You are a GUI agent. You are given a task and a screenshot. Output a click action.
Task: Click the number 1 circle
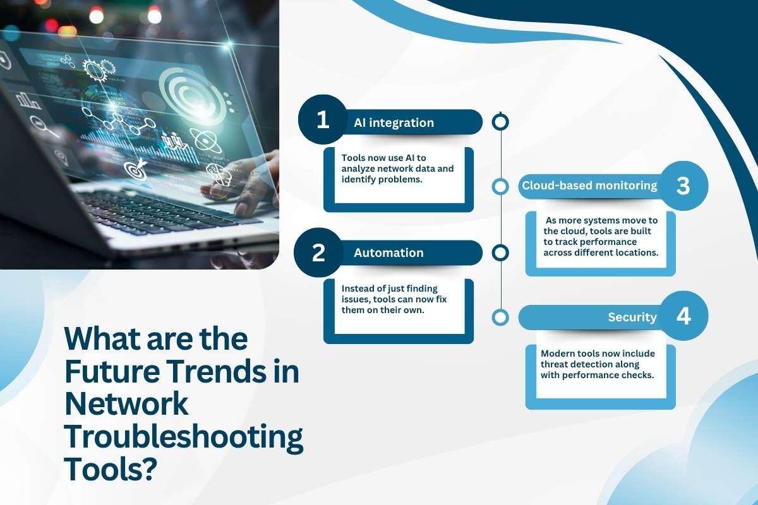tap(323, 120)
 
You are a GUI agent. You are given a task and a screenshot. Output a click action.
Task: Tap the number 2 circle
tap(319, 252)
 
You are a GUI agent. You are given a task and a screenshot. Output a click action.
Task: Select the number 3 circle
tap(683, 186)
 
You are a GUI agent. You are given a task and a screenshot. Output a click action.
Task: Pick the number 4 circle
tap(683, 317)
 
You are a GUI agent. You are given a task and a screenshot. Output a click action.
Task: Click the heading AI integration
tap(394, 122)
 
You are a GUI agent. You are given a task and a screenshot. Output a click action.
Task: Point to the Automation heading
tap(388, 252)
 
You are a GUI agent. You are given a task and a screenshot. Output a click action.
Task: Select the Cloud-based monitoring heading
tap(589, 186)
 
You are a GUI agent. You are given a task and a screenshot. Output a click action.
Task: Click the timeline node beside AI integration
tap(500, 122)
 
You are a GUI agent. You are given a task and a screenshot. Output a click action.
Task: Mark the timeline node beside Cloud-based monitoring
tap(500, 187)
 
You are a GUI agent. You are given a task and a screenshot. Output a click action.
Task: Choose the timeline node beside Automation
tap(500, 253)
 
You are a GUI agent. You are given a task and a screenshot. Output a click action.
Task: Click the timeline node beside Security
tap(500, 318)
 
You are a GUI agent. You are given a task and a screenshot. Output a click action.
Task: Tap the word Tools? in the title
tap(110, 470)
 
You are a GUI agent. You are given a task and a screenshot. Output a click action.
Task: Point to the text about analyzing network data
tap(397, 169)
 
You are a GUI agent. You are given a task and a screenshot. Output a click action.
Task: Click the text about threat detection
tap(597, 364)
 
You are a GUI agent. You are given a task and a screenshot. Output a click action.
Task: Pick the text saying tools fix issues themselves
tap(394, 299)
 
